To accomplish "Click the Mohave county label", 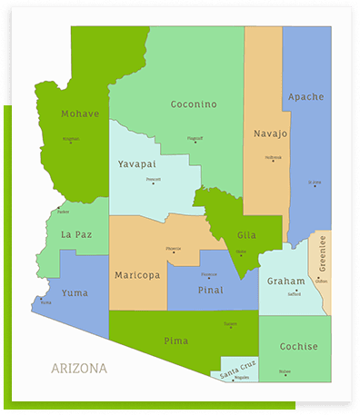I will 80,114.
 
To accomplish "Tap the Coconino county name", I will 194,104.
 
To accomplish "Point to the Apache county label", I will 305,96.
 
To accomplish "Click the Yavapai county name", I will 137,163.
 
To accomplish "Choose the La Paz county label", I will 76,234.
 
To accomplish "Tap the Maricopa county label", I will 136,274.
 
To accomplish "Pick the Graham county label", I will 285,282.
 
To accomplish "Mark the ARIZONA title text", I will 79,369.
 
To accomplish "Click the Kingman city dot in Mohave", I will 71,143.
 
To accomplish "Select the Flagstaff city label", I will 195,139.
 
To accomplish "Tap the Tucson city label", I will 230,322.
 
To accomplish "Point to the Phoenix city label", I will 173,248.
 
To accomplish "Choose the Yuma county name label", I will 75,292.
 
